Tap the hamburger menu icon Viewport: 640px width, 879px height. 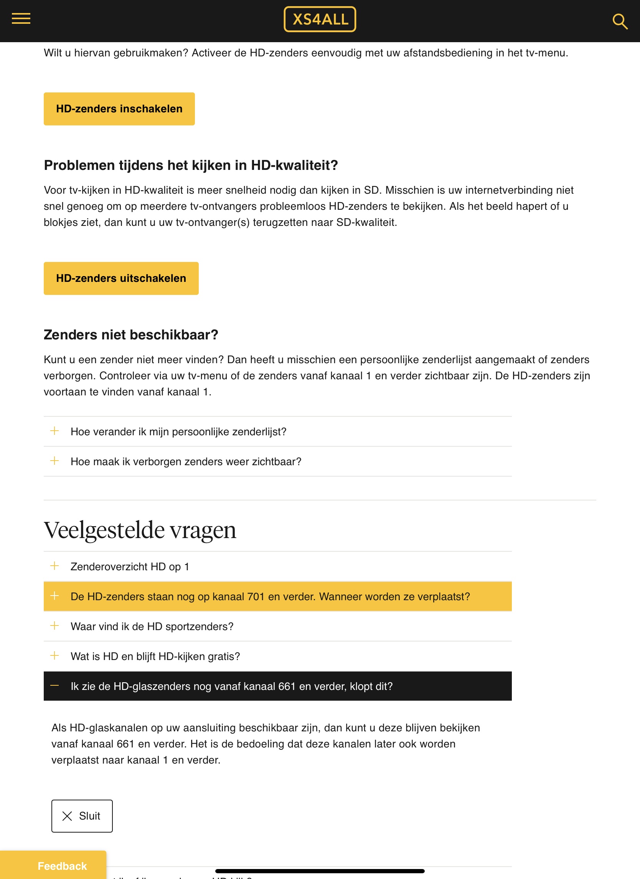click(21, 19)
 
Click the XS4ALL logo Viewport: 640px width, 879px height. click(320, 19)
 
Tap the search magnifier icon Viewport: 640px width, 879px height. click(619, 21)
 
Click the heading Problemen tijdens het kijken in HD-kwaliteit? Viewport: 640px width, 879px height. click(191, 165)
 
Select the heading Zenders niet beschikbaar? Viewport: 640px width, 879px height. click(131, 334)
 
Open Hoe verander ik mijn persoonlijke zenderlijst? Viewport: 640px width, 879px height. click(178, 431)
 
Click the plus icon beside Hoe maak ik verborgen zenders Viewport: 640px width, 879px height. click(54, 461)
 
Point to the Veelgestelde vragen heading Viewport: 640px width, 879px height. click(140, 530)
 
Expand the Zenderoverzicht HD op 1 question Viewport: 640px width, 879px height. click(130, 566)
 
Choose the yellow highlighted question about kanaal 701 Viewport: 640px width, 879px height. click(270, 596)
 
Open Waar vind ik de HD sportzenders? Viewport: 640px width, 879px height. click(152, 626)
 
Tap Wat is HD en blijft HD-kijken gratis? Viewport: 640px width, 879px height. click(155, 656)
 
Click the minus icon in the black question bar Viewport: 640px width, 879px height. click(54, 685)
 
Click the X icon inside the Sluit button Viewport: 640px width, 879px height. click(67, 816)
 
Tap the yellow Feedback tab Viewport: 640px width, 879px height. click(62, 866)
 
